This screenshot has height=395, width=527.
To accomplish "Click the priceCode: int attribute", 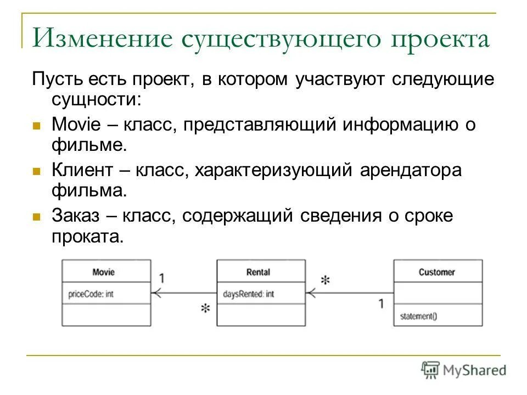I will [91, 294].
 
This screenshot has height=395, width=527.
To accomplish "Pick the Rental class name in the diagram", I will [258, 272].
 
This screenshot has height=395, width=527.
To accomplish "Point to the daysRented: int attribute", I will [249, 294].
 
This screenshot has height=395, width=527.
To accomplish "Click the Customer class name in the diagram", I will [436, 272].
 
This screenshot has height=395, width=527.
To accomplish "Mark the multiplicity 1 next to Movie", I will [162, 278].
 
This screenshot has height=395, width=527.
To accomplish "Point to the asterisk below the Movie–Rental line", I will [205, 309].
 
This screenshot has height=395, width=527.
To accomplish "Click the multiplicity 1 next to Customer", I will [381, 303].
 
